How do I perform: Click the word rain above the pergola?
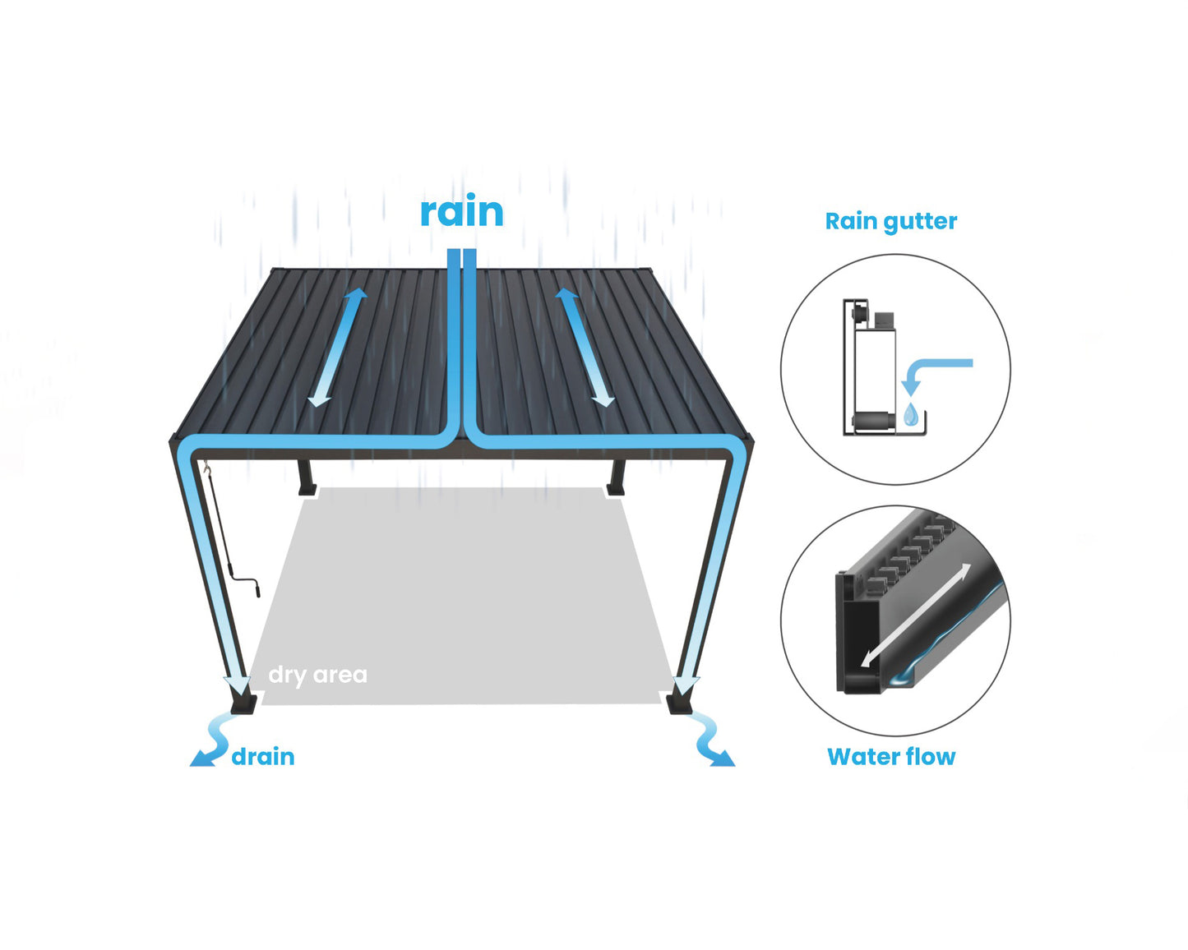pos(461,212)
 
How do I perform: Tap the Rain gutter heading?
pos(891,221)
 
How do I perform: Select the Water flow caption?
pos(891,757)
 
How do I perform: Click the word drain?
pos(263,757)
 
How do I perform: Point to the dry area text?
pos(317,675)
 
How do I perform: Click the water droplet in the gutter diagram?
pos(910,415)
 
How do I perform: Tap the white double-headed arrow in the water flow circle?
pos(916,615)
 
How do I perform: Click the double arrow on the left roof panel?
pos(337,347)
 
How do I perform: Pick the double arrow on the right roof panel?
pos(585,347)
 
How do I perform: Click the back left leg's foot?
pos(307,490)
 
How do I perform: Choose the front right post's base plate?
pos(679,704)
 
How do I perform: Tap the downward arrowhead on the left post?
pos(238,684)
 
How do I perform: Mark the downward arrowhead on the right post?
pos(686,684)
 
